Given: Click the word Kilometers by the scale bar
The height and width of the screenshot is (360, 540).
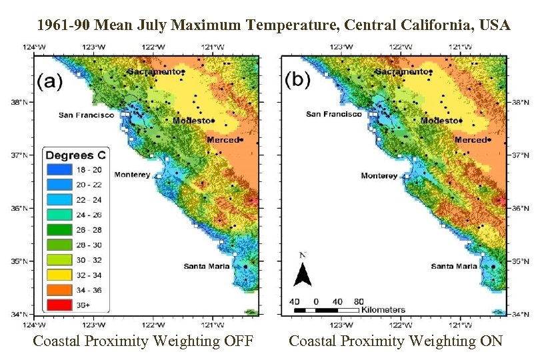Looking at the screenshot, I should [383, 310].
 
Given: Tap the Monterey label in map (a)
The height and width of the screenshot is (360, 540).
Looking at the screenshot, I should [136, 175].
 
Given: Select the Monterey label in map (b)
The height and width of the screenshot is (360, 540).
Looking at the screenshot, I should [379, 176].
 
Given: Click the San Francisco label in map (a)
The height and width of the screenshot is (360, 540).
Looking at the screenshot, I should [87, 115].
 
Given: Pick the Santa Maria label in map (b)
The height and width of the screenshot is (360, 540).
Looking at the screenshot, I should [454, 267].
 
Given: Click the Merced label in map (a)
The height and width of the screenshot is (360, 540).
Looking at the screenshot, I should [221, 140].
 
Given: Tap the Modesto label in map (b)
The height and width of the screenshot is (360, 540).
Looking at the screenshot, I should [439, 121].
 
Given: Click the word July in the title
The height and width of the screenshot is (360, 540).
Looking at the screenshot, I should [153, 26].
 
